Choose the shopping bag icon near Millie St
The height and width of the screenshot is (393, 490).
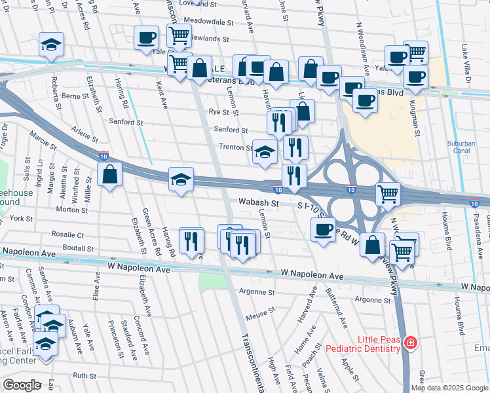(109, 175)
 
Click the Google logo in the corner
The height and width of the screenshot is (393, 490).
(22, 385)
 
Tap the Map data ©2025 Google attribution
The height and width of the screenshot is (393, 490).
(449, 388)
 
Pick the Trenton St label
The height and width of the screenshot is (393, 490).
(235, 147)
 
